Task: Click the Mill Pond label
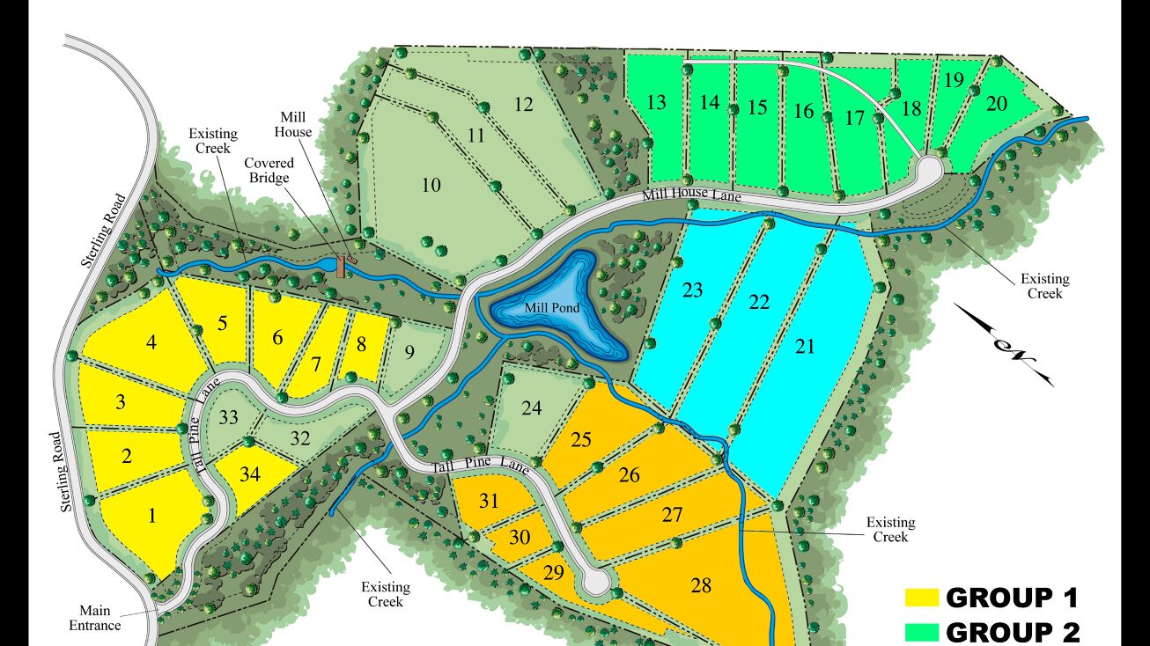[x=549, y=308]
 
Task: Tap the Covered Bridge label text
[x=269, y=171]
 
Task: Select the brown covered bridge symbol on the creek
[x=341, y=265]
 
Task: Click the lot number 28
[x=701, y=585]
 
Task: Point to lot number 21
[x=805, y=346]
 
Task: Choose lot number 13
[x=656, y=103]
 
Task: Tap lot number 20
[x=996, y=104]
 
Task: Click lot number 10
[x=431, y=186]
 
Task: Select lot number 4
[x=152, y=342]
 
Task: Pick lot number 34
[x=250, y=475]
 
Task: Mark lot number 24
[x=531, y=408]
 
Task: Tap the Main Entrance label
[x=100, y=618]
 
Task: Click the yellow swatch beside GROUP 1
[x=922, y=598]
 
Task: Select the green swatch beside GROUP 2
[x=922, y=632]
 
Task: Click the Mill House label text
[x=296, y=124]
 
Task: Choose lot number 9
[x=409, y=354]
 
